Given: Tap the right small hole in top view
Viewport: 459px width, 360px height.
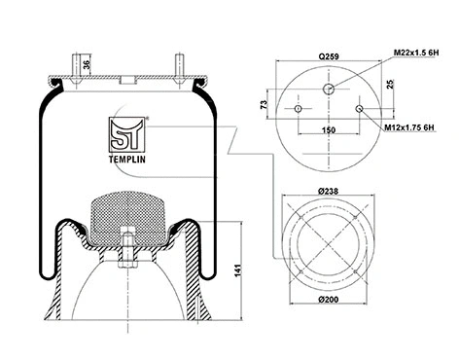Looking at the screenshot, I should tap(362, 109).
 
